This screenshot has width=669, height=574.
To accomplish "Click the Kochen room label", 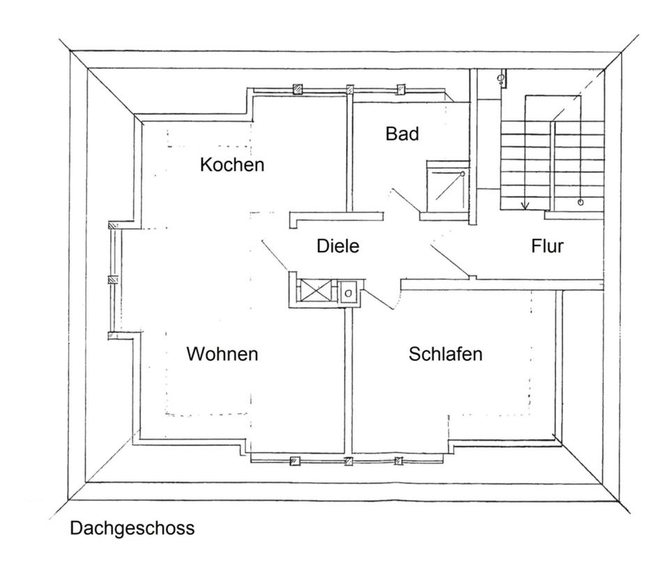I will coord(232,165).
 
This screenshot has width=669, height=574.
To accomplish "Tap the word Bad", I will coord(402,134).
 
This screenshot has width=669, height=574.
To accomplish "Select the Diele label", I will coord(337,245).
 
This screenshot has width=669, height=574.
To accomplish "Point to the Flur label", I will coord(547,245).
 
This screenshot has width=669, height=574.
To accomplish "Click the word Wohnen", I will coord(222,354).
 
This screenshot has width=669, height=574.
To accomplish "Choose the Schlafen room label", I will coord(445,354).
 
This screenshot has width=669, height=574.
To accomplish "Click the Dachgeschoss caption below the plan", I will coord(132,529).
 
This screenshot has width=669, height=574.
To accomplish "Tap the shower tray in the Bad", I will coord(446,185).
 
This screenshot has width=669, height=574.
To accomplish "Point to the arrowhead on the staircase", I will coord(525,205).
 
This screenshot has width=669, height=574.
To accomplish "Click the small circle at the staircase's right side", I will coord(580,202).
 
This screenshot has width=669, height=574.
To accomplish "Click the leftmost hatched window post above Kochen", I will coord(297,89).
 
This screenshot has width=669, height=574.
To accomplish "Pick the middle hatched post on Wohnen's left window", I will coord(111,280).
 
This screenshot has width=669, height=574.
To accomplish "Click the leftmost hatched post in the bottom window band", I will coord(295,460).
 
